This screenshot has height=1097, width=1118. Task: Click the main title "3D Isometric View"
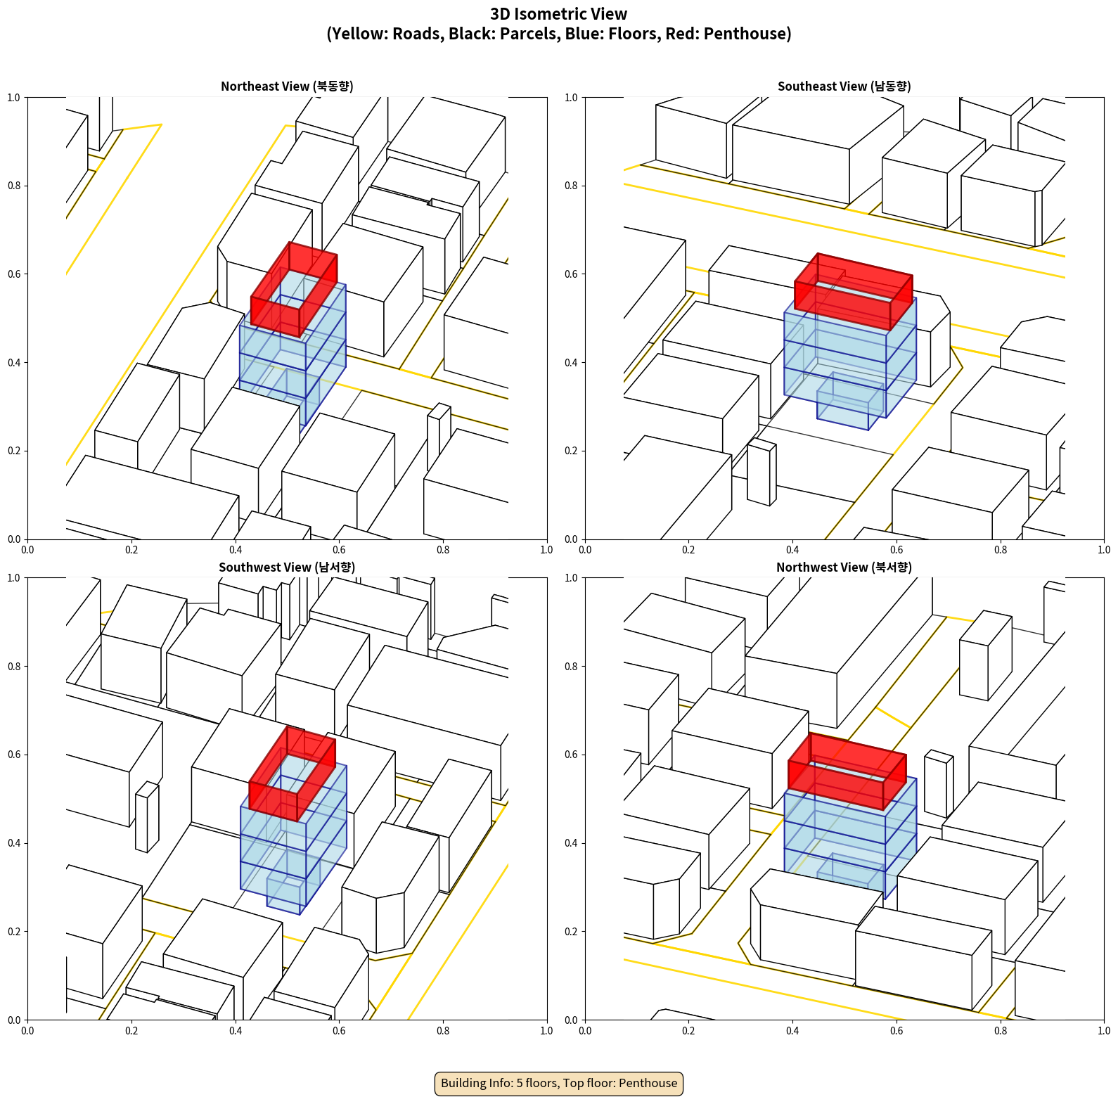pyautogui.click(x=559, y=14)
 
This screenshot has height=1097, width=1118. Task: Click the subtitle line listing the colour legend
pyautogui.click(x=559, y=34)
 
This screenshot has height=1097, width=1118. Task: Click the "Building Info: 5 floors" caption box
pyautogui.click(x=559, y=1083)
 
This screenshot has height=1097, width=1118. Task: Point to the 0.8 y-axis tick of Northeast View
pyautogui.click(x=14, y=186)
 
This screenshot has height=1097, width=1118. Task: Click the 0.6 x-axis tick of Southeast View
pyautogui.click(x=897, y=550)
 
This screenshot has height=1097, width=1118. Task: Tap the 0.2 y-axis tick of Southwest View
pyautogui.click(x=14, y=931)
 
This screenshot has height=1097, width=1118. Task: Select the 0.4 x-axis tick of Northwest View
pyautogui.click(x=792, y=1031)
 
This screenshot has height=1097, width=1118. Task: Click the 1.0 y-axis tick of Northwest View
pyautogui.click(x=571, y=577)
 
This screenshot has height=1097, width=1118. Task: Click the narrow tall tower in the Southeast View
pyautogui.click(x=762, y=472)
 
